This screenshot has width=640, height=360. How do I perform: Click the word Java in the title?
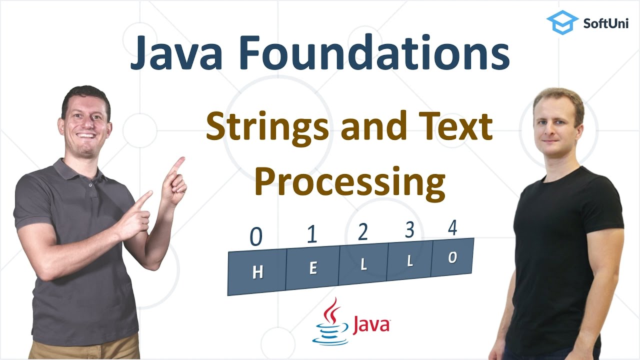(x=177, y=53)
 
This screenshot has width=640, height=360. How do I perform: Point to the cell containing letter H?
(x=257, y=272)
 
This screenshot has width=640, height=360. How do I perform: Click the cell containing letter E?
(x=313, y=268)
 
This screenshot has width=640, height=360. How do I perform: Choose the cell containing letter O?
(x=452, y=258)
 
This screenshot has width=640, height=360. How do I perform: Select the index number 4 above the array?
(x=452, y=228)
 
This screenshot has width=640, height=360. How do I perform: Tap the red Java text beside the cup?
(x=371, y=324)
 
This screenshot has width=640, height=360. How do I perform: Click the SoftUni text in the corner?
(x=606, y=22)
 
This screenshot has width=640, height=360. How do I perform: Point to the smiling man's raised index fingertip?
(x=180, y=160)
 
